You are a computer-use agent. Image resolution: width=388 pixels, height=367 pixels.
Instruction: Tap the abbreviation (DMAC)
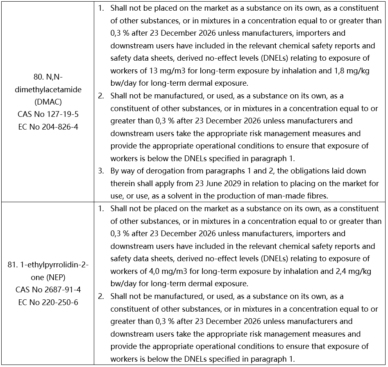[48, 102]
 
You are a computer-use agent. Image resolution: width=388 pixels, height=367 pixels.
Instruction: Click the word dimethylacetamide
[48, 89]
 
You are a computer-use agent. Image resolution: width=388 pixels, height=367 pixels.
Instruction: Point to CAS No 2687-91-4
[48, 289]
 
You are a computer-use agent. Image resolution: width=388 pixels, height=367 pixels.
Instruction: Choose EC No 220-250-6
[48, 302]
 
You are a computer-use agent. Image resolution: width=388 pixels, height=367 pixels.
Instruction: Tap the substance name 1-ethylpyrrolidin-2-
[48, 264]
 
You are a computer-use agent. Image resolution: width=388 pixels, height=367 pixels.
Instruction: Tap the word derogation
[154, 171]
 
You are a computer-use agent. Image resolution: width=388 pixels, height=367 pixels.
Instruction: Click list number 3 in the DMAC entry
[101, 171]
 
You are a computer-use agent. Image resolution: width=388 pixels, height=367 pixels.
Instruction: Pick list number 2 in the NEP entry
[101, 296]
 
